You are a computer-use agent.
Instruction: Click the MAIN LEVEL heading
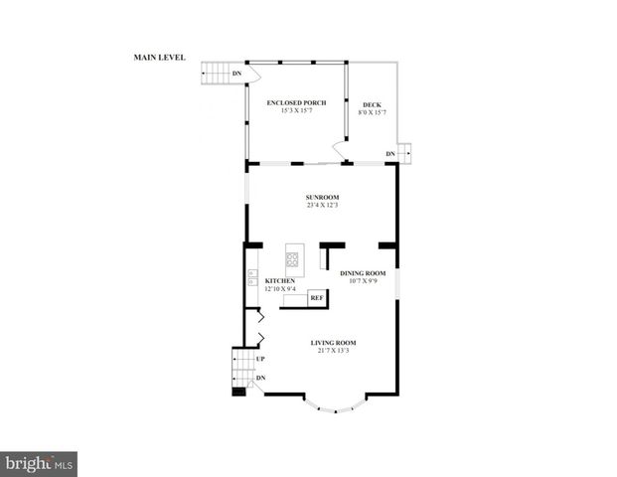(x=160, y=58)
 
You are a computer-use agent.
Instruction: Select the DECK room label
(x=372, y=105)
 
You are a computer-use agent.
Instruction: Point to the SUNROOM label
(x=323, y=198)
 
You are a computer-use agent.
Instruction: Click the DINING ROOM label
(x=363, y=273)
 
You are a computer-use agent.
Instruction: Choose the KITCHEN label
(x=280, y=281)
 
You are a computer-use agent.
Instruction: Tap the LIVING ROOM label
(x=333, y=343)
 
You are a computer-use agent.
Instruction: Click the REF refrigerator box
(x=317, y=297)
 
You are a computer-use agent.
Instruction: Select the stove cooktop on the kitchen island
(x=293, y=259)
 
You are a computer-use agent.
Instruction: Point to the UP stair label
(x=261, y=359)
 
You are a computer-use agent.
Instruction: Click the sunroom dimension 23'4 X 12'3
(x=323, y=206)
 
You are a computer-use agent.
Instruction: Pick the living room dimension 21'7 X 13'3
(x=333, y=351)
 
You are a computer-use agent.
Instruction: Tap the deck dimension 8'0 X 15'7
(x=372, y=112)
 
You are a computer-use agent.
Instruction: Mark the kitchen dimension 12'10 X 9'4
(x=280, y=289)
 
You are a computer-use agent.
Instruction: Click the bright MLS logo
(x=40, y=463)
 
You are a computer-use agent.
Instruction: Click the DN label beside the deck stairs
(x=391, y=154)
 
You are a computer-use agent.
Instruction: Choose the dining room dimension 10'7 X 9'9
(x=363, y=281)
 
